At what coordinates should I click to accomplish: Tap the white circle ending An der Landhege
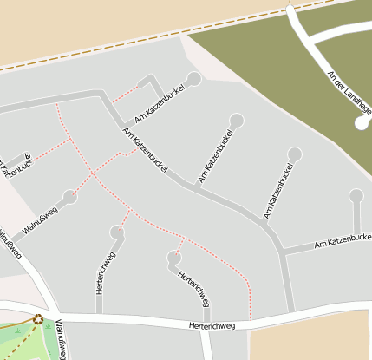tap(362, 123)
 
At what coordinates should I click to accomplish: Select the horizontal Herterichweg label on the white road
tap(212, 326)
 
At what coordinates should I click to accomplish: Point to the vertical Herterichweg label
tap(101, 272)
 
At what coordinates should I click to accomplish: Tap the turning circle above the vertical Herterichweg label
tap(116, 232)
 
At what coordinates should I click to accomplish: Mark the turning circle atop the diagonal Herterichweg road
tap(173, 257)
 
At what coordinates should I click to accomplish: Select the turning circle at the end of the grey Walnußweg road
tap(70, 198)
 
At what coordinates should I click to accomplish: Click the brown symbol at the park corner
tap(38, 318)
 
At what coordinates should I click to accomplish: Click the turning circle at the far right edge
tap(356, 195)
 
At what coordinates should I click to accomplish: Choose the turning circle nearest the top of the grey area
tap(193, 79)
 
